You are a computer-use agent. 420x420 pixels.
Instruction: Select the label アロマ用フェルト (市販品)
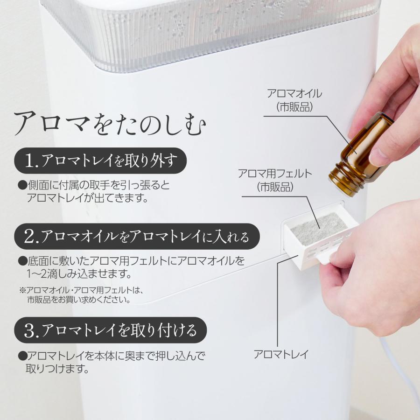pos(274,180)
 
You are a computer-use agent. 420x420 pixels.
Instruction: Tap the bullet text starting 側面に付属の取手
pos(93,192)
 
